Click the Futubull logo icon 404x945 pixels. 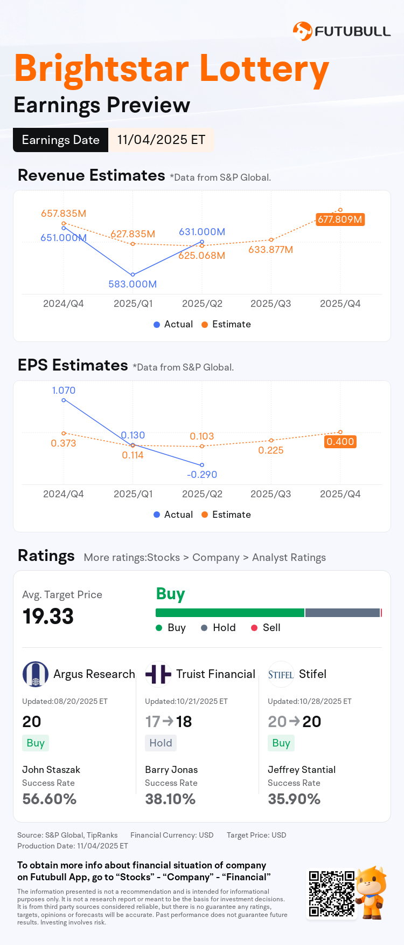pyautogui.click(x=302, y=31)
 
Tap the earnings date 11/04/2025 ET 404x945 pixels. pyautogui.click(x=161, y=140)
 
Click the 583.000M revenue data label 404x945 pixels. pyautogui.click(x=133, y=284)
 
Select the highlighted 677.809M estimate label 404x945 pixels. pyautogui.click(x=340, y=220)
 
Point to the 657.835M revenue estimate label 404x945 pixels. pyautogui.click(x=64, y=214)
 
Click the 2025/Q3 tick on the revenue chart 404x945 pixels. pyautogui.click(x=270, y=304)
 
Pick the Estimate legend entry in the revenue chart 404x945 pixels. pyautogui.click(x=226, y=324)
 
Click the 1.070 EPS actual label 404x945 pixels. pyautogui.click(x=64, y=391)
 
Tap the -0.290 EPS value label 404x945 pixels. pyautogui.click(x=202, y=475)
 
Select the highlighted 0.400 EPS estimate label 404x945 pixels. pyautogui.click(x=340, y=442)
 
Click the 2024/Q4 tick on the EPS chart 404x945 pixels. pyautogui.click(x=64, y=494)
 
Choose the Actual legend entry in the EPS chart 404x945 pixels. pyautogui.click(x=173, y=515)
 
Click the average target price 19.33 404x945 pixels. pyautogui.click(x=48, y=617)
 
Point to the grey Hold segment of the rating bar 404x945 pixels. pyautogui.click(x=343, y=613)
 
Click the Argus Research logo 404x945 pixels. pyautogui.click(x=36, y=674)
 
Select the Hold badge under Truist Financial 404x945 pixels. pyautogui.click(x=161, y=743)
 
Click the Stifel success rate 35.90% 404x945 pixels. pyautogui.click(x=294, y=799)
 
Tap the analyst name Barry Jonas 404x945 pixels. pyautogui.click(x=171, y=770)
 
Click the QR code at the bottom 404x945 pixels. pyautogui.click(x=331, y=893)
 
